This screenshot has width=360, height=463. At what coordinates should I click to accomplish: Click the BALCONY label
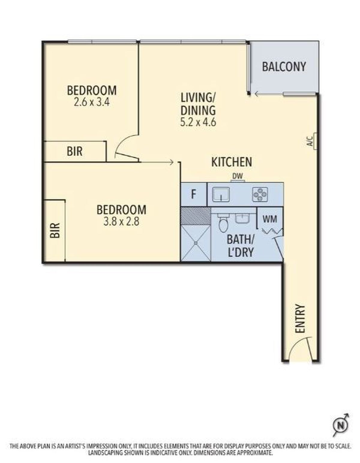click(284, 67)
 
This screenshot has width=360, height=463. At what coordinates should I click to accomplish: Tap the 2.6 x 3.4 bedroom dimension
click(92, 103)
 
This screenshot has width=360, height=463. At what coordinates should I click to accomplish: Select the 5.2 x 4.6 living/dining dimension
click(198, 122)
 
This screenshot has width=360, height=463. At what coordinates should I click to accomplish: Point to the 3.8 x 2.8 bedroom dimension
click(121, 222)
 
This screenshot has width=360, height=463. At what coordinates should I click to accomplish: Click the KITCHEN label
click(232, 162)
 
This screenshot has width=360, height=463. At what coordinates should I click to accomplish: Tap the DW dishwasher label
click(237, 176)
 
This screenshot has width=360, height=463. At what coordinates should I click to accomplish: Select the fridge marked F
click(193, 194)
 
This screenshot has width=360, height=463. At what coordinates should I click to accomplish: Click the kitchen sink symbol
click(221, 194)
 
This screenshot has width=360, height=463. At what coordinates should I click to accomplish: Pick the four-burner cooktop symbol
click(260, 194)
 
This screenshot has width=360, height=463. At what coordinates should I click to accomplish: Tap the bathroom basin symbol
click(242, 219)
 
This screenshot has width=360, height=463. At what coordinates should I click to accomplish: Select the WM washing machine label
click(270, 219)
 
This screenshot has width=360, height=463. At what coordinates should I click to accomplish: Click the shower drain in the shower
click(196, 243)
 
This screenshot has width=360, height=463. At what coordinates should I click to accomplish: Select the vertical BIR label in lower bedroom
click(54, 230)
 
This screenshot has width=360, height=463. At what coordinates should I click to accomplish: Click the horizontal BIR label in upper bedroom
click(74, 151)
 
